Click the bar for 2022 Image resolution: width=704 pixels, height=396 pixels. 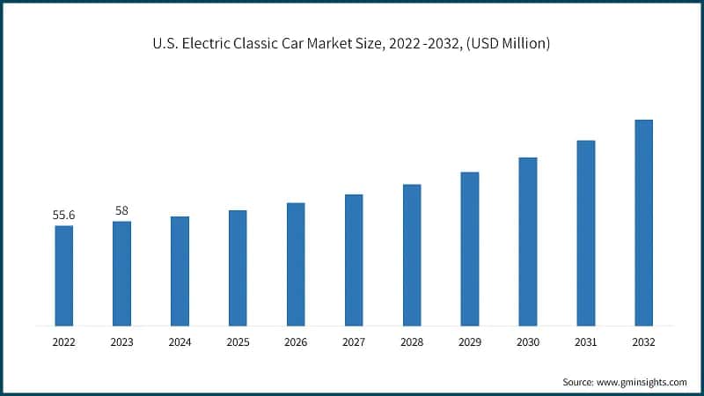[x=63, y=275]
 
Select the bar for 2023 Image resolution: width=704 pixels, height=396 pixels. [x=121, y=273]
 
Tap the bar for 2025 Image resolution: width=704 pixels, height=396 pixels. [x=238, y=268]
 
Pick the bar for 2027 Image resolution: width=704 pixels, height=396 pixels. [x=354, y=260]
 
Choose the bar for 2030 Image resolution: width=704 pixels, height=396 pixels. [x=528, y=241]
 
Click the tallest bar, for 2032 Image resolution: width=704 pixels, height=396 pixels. [x=644, y=222]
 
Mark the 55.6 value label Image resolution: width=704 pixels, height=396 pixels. [x=63, y=215]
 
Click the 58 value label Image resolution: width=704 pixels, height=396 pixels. [x=121, y=210]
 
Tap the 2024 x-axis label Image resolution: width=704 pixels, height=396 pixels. [x=180, y=343]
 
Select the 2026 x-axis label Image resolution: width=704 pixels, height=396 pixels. [x=296, y=343]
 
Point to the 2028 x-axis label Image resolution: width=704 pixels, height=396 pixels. [x=412, y=343]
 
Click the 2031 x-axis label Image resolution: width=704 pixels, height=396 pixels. [x=586, y=343]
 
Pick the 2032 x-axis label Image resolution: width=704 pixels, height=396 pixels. [x=644, y=343]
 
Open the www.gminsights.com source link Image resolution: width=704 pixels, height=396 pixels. [x=642, y=382]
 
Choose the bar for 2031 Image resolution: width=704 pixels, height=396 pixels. [x=586, y=232]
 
